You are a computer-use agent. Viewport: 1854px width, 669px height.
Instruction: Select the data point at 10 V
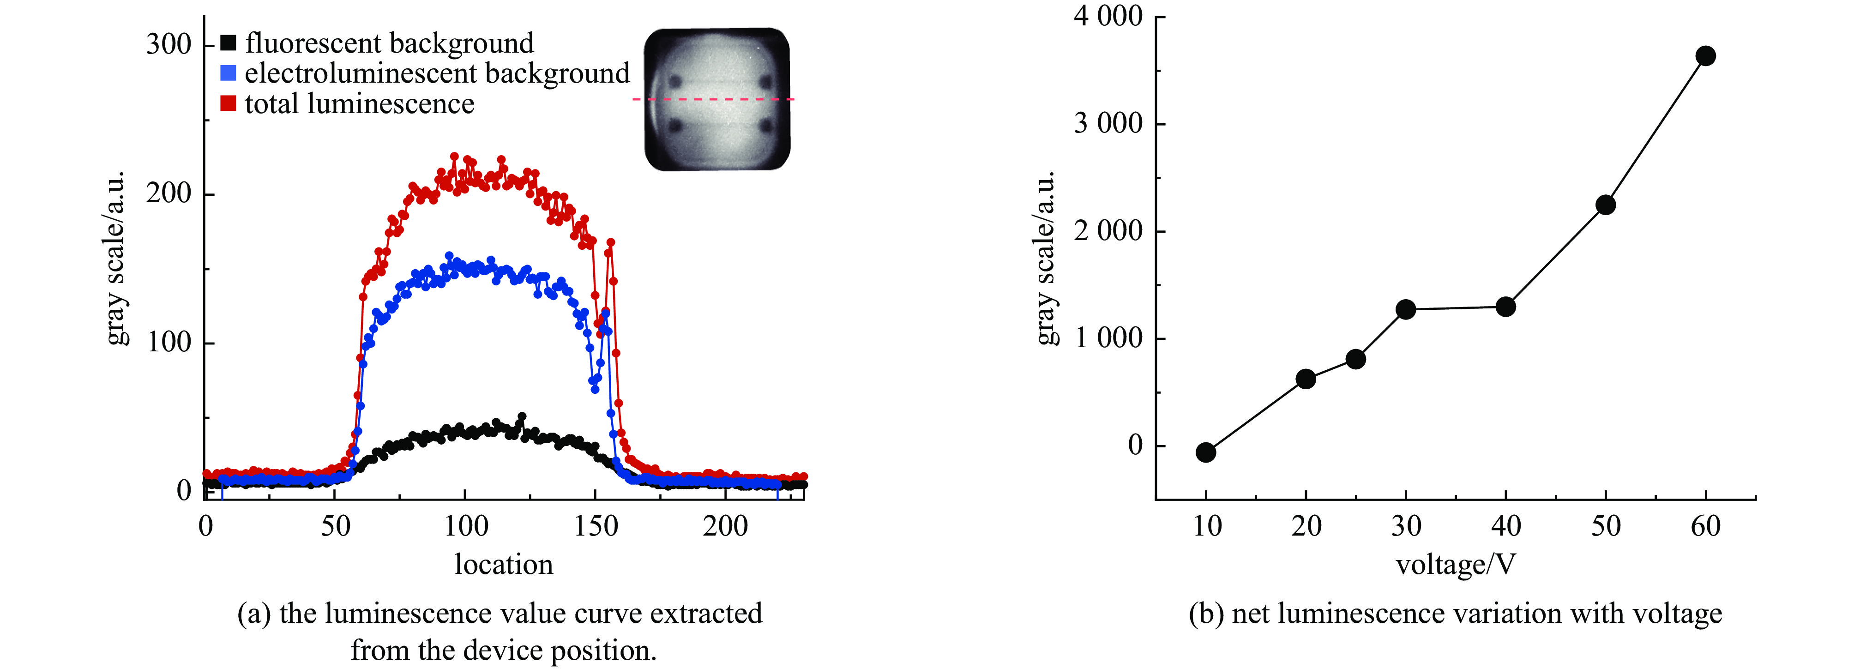pos(1205,452)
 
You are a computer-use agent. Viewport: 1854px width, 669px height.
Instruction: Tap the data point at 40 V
pos(1505,307)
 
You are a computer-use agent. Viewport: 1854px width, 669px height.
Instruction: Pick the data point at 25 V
pos(1355,359)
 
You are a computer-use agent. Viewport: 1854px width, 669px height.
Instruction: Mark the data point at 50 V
pos(1606,205)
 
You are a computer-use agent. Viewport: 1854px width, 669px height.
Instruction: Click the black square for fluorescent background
pos(228,43)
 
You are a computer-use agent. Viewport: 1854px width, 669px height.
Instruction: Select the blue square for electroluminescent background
pos(228,73)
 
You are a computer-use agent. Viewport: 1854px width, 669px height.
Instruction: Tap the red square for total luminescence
pos(228,104)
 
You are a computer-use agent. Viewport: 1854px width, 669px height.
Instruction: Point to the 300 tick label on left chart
pos(169,45)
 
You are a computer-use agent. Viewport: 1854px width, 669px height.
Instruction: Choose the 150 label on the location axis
pos(596,526)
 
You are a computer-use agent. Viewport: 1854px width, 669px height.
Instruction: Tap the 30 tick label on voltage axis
pos(1406,526)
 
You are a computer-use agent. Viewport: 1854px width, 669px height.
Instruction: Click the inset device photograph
pos(717,99)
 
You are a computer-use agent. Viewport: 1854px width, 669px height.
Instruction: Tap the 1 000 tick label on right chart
pos(1108,338)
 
